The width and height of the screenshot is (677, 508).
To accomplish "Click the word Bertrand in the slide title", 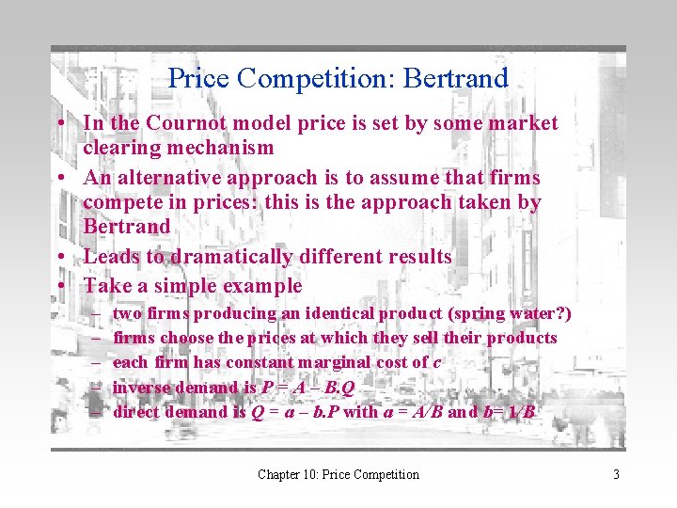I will (455, 78).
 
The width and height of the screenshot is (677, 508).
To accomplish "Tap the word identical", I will (319, 313).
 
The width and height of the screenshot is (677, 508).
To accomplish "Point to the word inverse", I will (142, 387).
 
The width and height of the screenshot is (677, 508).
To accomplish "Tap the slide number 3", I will (616, 474).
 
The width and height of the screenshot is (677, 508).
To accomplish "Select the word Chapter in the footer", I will (278, 474).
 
